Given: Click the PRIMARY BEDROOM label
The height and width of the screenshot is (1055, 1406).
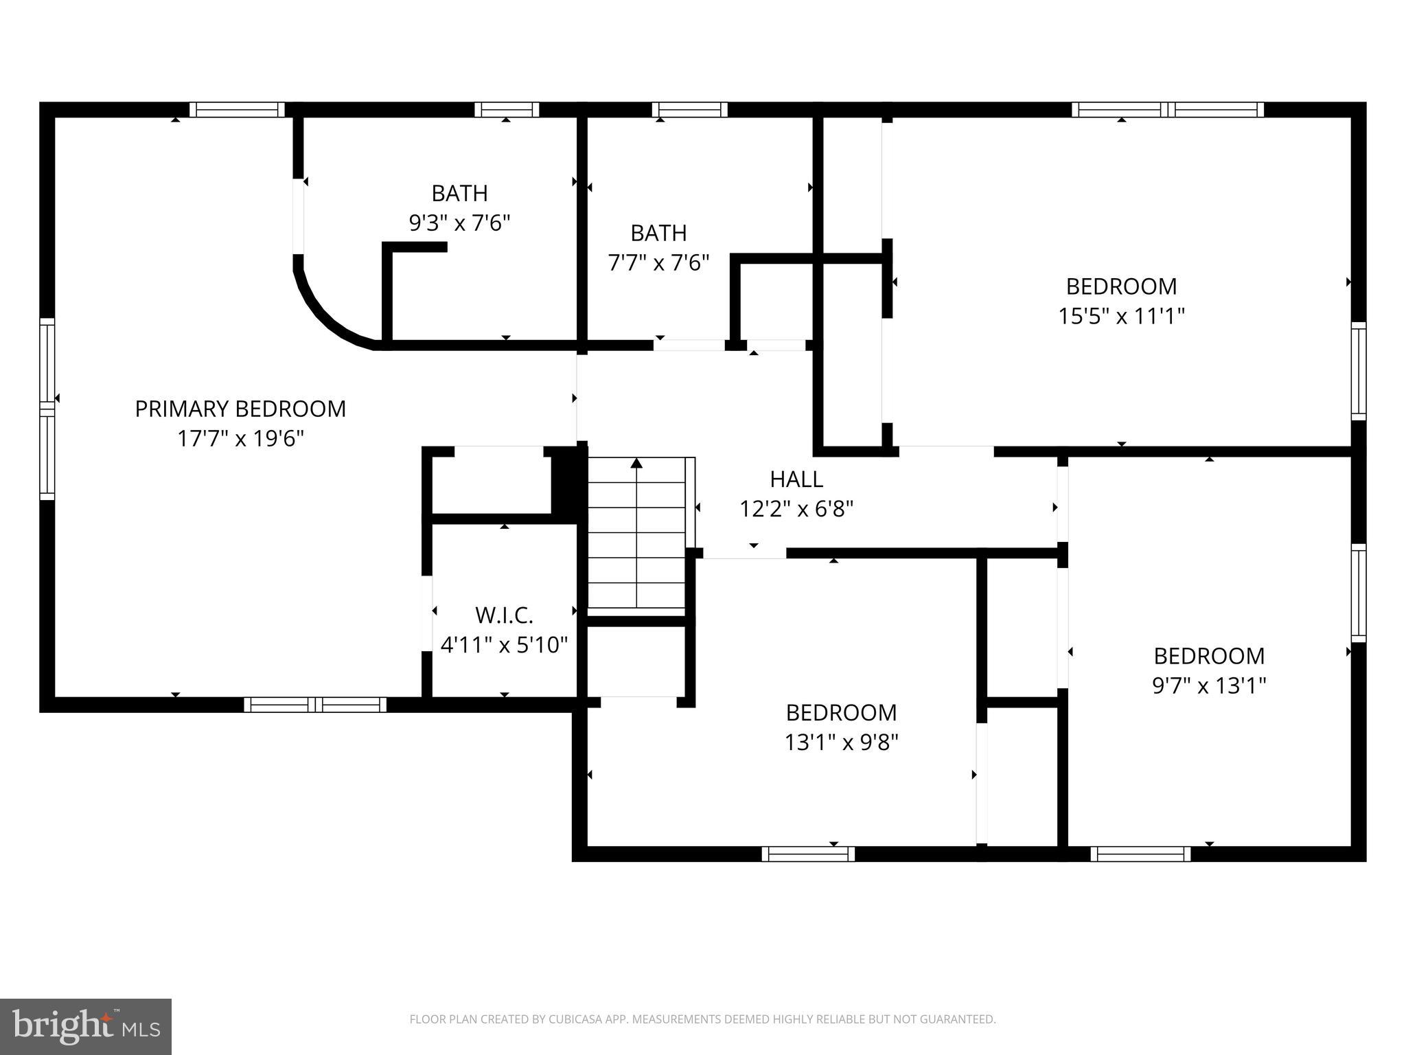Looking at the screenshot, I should pyautogui.click(x=240, y=409).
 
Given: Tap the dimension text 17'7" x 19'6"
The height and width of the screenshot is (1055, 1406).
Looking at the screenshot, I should pyautogui.click(x=240, y=438).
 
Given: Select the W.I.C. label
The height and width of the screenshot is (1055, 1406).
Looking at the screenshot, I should pyautogui.click(x=504, y=615).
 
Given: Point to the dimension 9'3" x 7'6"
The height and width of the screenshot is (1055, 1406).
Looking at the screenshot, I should pyautogui.click(x=459, y=223).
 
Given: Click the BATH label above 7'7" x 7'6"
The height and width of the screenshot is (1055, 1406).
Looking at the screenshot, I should pyautogui.click(x=658, y=234).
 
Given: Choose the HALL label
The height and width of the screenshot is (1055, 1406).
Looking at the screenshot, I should pyautogui.click(x=796, y=479).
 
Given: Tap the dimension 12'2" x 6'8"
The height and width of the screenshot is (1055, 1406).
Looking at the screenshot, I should pyautogui.click(x=796, y=509).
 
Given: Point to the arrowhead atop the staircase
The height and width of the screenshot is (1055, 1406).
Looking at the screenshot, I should pyautogui.click(x=637, y=463).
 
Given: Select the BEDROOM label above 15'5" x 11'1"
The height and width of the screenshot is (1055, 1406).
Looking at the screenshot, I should pyautogui.click(x=1121, y=286).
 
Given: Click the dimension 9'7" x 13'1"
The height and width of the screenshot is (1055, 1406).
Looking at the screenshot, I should pyautogui.click(x=1209, y=685).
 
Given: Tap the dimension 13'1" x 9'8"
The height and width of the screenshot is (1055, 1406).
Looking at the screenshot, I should pyautogui.click(x=841, y=742).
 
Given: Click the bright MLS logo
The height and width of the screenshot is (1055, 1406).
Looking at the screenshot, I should pyautogui.click(x=86, y=1026).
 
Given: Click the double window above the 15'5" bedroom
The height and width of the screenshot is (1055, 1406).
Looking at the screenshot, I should pyautogui.click(x=1167, y=109).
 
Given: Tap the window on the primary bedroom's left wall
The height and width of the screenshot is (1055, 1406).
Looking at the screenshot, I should pyautogui.click(x=47, y=409).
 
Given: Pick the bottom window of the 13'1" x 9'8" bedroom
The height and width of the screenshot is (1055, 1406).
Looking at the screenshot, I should pyautogui.click(x=808, y=854).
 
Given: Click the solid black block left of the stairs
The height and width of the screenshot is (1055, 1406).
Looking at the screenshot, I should pyautogui.click(x=568, y=481).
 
